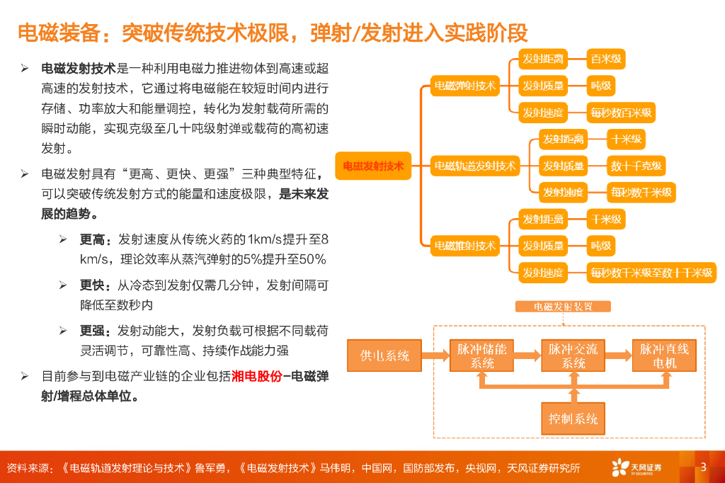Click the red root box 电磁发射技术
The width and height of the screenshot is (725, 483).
[x=373, y=166]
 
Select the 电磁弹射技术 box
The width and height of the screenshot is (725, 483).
[x=465, y=86]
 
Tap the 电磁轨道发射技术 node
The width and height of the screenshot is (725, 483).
[x=475, y=166]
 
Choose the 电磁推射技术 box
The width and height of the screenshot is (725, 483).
[x=465, y=246]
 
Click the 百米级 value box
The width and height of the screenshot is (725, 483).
[x=606, y=59]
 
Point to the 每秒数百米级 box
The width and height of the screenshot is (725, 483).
[x=621, y=112]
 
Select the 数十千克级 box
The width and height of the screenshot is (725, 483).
[x=636, y=166]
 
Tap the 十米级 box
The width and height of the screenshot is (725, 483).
[x=626, y=139]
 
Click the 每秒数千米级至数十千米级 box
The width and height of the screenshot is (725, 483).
[x=651, y=273]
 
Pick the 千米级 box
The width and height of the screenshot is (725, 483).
[x=606, y=220]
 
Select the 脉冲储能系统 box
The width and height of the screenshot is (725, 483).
[x=482, y=356]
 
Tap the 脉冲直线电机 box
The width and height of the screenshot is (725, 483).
[x=664, y=356]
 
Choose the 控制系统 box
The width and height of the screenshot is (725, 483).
[x=573, y=418]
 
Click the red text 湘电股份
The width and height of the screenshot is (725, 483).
[x=256, y=376]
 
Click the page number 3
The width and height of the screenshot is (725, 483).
[x=703, y=467]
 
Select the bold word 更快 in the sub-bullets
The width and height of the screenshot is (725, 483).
[x=92, y=285]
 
